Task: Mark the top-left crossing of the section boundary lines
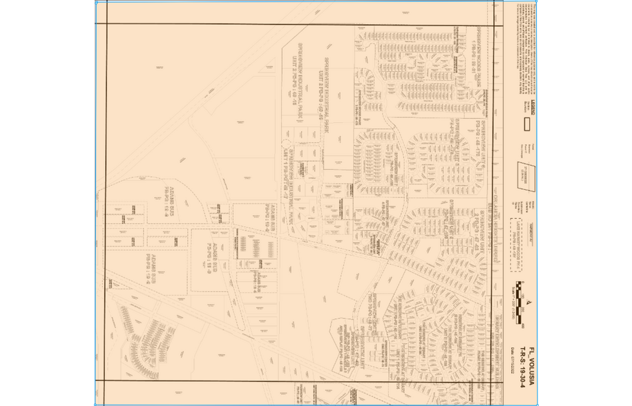pyautogui.click(x=105, y=25)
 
